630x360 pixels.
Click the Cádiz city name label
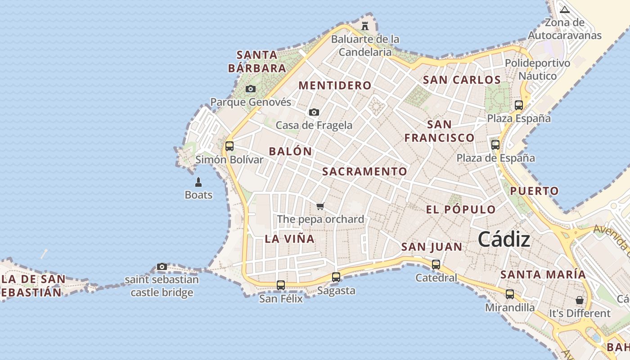504,239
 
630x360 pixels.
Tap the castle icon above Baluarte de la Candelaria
365,26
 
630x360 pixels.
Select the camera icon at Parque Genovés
251,89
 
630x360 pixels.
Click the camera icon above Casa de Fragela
314,112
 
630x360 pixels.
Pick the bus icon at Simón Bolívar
229,146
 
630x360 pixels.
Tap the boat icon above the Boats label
198,182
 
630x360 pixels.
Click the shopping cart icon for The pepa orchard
320,206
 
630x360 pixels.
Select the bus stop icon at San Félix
281,285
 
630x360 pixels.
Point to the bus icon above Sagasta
336,277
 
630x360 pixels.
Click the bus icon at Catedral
436,265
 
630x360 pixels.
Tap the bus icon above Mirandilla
510,294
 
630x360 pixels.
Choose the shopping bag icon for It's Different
580,300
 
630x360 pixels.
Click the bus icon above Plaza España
519,105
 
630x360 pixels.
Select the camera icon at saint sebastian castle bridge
162,266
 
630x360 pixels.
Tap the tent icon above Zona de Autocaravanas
565,9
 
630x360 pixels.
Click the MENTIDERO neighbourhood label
335,85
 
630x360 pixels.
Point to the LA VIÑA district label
289,238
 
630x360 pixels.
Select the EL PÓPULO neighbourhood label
461,209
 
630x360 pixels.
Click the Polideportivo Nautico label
537,69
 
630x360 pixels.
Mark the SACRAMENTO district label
364,171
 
